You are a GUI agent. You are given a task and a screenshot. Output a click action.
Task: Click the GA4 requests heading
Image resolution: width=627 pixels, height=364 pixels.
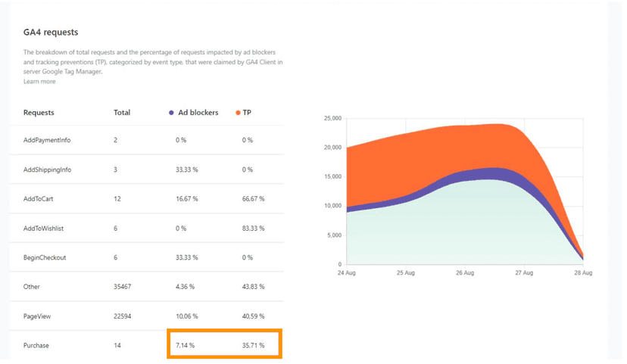(x=51, y=33)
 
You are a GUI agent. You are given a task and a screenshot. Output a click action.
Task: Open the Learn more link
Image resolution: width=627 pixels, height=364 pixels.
(x=39, y=82)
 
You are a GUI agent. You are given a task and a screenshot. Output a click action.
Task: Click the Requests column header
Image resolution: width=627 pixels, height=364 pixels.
(x=39, y=113)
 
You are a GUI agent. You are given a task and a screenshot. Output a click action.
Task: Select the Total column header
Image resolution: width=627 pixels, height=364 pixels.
(x=122, y=113)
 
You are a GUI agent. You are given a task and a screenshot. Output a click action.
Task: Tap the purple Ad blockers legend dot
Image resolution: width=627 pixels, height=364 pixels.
(x=171, y=113)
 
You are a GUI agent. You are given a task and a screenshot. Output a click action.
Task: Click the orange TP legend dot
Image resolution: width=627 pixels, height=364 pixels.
(x=238, y=113)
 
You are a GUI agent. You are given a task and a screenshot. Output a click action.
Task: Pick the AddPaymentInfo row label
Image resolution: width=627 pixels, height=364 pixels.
(x=47, y=140)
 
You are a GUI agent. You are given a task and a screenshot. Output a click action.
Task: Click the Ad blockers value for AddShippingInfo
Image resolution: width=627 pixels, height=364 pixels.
(x=186, y=170)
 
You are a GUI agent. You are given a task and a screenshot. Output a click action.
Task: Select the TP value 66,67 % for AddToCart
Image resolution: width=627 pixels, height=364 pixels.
(x=253, y=199)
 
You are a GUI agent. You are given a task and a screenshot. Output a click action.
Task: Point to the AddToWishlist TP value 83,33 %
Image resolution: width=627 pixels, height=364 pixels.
(x=253, y=229)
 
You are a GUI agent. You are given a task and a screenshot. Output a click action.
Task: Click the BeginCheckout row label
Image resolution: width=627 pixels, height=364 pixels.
(x=45, y=257)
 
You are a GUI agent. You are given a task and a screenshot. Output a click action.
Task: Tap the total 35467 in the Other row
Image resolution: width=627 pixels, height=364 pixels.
(x=123, y=287)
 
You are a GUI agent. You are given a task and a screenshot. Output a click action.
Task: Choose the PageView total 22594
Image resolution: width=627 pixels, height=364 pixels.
(x=123, y=316)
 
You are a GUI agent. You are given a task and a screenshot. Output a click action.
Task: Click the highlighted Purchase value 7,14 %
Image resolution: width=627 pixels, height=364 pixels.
(x=185, y=346)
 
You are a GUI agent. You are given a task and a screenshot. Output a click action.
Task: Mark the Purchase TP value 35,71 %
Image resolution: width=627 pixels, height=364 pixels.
(x=253, y=346)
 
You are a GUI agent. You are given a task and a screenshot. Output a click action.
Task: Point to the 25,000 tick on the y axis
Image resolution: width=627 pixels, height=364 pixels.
(x=332, y=119)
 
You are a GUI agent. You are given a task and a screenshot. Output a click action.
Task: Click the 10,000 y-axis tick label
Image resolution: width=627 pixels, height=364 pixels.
(x=332, y=206)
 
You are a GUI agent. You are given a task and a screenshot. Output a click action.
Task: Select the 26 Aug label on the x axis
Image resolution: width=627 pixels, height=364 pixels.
(x=464, y=273)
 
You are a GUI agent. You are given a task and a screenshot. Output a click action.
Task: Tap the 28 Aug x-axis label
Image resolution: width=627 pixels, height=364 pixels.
(x=583, y=273)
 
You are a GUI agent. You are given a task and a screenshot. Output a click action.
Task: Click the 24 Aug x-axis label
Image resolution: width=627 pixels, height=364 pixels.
(x=346, y=273)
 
